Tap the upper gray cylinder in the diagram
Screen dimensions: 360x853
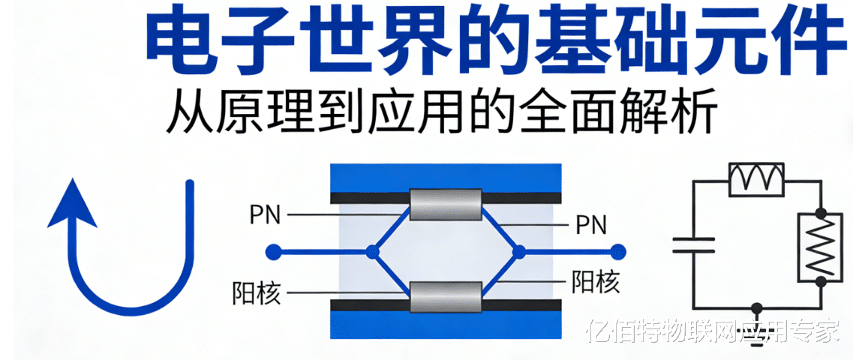[445, 204]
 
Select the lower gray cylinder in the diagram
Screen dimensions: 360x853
[445, 297]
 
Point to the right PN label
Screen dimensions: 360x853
[591, 224]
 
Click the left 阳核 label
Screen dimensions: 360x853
[257, 293]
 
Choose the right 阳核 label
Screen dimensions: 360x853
[596, 283]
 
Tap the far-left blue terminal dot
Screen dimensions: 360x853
[275, 252]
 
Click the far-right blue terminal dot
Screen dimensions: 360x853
[618, 252]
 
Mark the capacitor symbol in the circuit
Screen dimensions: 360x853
[693, 244]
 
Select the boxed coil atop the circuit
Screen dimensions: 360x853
[756, 178]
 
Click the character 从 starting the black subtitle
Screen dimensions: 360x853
[188, 113]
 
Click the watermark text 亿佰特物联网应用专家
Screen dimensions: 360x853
[712, 331]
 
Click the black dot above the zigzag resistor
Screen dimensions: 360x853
[821, 213]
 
